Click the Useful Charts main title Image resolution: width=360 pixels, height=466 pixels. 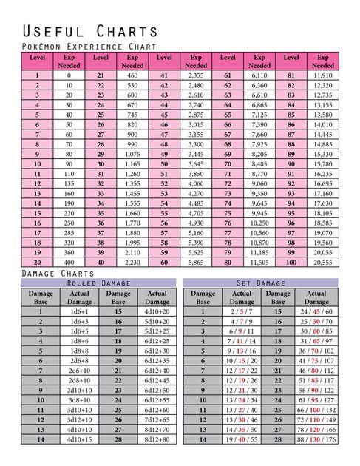pos(90,31)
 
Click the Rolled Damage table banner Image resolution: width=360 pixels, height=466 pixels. pos(98,283)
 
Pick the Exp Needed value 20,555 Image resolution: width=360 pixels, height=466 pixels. pos(323,262)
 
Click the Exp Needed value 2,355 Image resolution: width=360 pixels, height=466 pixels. pos(196,75)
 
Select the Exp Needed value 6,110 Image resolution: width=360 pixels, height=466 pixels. pos(259,75)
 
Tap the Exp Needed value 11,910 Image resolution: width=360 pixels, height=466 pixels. pos(323,75)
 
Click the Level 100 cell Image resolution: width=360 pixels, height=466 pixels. pos(291,262)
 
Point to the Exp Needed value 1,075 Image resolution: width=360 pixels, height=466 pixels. pos(132,153)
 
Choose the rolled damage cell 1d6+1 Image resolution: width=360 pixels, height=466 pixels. pos(80,312)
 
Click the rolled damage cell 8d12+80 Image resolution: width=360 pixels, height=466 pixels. pos(157,439)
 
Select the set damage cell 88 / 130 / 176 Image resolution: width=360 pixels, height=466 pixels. pos(316,439)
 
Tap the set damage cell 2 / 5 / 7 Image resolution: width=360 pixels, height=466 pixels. pos(241,312)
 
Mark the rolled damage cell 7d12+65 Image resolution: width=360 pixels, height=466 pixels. pos(157,419)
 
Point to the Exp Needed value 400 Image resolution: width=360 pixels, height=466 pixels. pos(69,262)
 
